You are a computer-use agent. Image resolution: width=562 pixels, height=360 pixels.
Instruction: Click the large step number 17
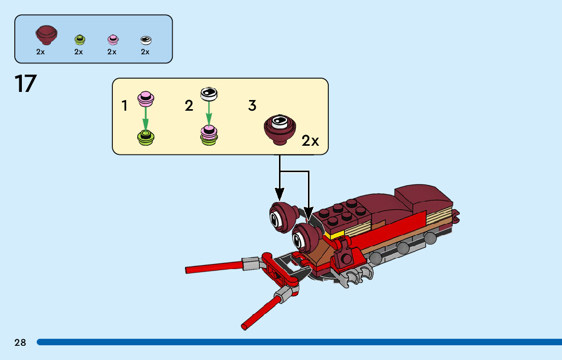[x=25, y=84]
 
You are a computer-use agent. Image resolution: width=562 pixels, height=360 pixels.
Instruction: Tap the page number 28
[x=20, y=343]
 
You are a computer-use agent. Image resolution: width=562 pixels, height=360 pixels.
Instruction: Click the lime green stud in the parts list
[x=80, y=39]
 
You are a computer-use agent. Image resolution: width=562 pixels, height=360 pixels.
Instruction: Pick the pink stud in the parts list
[x=113, y=39]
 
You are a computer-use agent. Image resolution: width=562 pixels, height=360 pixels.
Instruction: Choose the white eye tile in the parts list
[x=146, y=40]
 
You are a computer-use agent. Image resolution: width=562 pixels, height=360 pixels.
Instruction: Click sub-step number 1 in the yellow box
[x=124, y=106]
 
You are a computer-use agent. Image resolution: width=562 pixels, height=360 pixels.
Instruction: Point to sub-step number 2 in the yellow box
[x=189, y=106]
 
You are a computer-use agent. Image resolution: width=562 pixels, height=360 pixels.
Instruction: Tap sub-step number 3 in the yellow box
[x=252, y=106]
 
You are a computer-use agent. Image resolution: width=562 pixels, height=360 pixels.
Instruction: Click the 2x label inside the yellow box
[x=310, y=141]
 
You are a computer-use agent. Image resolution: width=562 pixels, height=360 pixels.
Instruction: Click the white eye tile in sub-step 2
[x=208, y=93]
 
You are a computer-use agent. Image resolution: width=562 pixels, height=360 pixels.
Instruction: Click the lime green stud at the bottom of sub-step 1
[x=146, y=136]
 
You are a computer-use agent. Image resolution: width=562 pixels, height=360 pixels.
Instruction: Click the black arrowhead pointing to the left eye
[x=279, y=194]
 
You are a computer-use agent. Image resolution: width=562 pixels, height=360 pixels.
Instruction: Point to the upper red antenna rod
[x=213, y=267]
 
